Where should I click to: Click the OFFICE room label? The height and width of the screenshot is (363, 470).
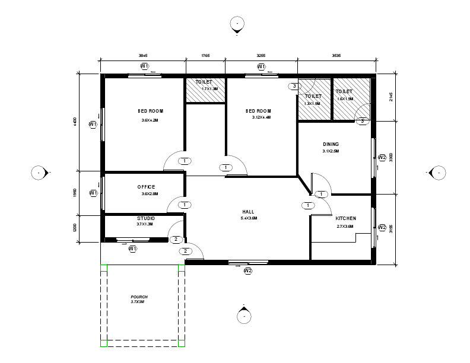(x=146, y=187)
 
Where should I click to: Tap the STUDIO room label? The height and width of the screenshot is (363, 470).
(x=146, y=218)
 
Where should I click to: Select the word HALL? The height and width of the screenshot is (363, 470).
(x=248, y=212)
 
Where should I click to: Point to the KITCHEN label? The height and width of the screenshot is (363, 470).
(x=345, y=218)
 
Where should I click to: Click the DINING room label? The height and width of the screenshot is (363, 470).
(x=331, y=144)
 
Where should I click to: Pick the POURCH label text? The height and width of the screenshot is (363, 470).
(x=139, y=297)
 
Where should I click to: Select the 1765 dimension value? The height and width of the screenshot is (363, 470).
(x=205, y=56)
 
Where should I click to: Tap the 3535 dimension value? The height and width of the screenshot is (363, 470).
(x=336, y=56)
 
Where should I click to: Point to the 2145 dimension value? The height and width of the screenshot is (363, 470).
(x=390, y=97)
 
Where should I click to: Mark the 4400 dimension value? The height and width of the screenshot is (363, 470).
(x=75, y=122)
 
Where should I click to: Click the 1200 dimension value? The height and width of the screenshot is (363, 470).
(x=75, y=228)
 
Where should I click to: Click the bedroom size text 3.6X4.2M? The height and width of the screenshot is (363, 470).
(x=150, y=120)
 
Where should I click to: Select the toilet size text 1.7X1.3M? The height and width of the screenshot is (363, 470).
(x=209, y=89)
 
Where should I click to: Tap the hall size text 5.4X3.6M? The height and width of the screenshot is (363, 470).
(x=249, y=218)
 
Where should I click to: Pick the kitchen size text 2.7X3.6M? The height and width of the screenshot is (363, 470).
(x=345, y=226)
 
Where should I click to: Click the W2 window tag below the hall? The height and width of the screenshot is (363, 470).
(x=248, y=271)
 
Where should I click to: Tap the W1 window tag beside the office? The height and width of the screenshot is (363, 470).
(x=93, y=193)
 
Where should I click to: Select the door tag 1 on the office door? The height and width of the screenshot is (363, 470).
(x=185, y=205)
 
